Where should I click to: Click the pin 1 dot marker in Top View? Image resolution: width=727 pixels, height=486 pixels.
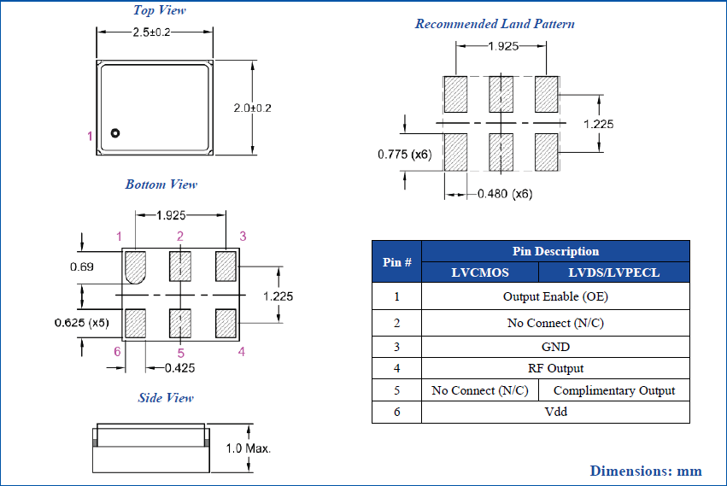[x=115, y=133]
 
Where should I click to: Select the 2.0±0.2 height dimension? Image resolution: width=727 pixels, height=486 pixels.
[x=252, y=108]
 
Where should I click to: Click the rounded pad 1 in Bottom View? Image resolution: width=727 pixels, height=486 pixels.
[x=135, y=266]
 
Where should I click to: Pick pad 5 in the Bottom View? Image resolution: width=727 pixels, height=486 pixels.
[x=180, y=323]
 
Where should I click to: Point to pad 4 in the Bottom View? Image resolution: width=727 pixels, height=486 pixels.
[x=226, y=323]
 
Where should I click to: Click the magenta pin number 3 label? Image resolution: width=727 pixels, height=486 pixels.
[x=243, y=236]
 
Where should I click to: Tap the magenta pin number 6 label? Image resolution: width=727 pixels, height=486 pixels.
[x=117, y=352]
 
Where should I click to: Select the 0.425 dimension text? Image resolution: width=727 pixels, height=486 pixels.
[x=178, y=369]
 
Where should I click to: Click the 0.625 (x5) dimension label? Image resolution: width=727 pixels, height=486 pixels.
[x=82, y=324]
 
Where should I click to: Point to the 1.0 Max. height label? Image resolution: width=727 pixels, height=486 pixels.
[x=249, y=448]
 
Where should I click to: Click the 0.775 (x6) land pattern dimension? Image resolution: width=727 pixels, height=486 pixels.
[x=405, y=155]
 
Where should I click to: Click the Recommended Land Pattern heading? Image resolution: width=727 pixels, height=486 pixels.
[x=495, y=24]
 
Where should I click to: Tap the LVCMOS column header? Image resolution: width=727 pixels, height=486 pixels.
[x=480, y=272]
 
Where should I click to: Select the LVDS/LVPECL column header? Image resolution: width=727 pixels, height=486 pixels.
[x=613, y=272]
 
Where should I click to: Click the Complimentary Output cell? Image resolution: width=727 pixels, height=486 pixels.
[x=614, y=390]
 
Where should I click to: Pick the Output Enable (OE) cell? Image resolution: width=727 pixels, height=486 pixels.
[x=555, y=297]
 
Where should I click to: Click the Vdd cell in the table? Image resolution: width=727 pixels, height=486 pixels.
[x=555, y=412]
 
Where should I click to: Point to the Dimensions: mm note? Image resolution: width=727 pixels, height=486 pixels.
[x=645, y=471]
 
